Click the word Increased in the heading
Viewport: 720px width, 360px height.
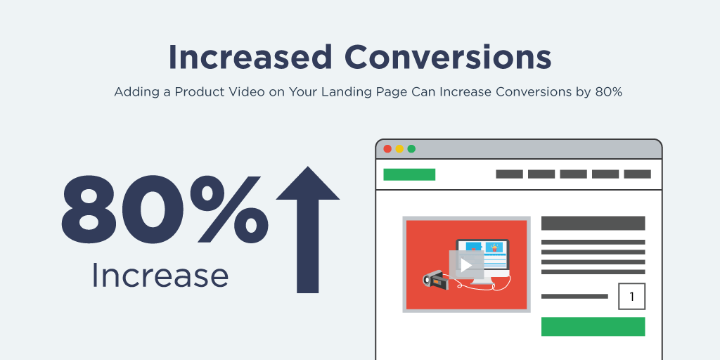point(250,57)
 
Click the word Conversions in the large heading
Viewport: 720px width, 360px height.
point(448,57)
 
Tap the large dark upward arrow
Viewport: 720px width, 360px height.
point(308,230)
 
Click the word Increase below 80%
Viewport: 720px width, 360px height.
point(160,276)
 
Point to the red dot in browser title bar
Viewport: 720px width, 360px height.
point(387,149)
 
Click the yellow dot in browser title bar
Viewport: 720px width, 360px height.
point(399,149)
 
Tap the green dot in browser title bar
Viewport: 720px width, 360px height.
point(411,149)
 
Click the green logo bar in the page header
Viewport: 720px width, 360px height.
point(409,174)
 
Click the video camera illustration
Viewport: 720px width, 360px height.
point(432,278)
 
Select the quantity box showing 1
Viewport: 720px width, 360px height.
point(632,297)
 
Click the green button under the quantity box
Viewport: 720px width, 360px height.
point(593,326)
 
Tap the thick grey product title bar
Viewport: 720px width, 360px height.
point(593,223)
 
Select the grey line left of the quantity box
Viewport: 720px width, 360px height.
point(574,297)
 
